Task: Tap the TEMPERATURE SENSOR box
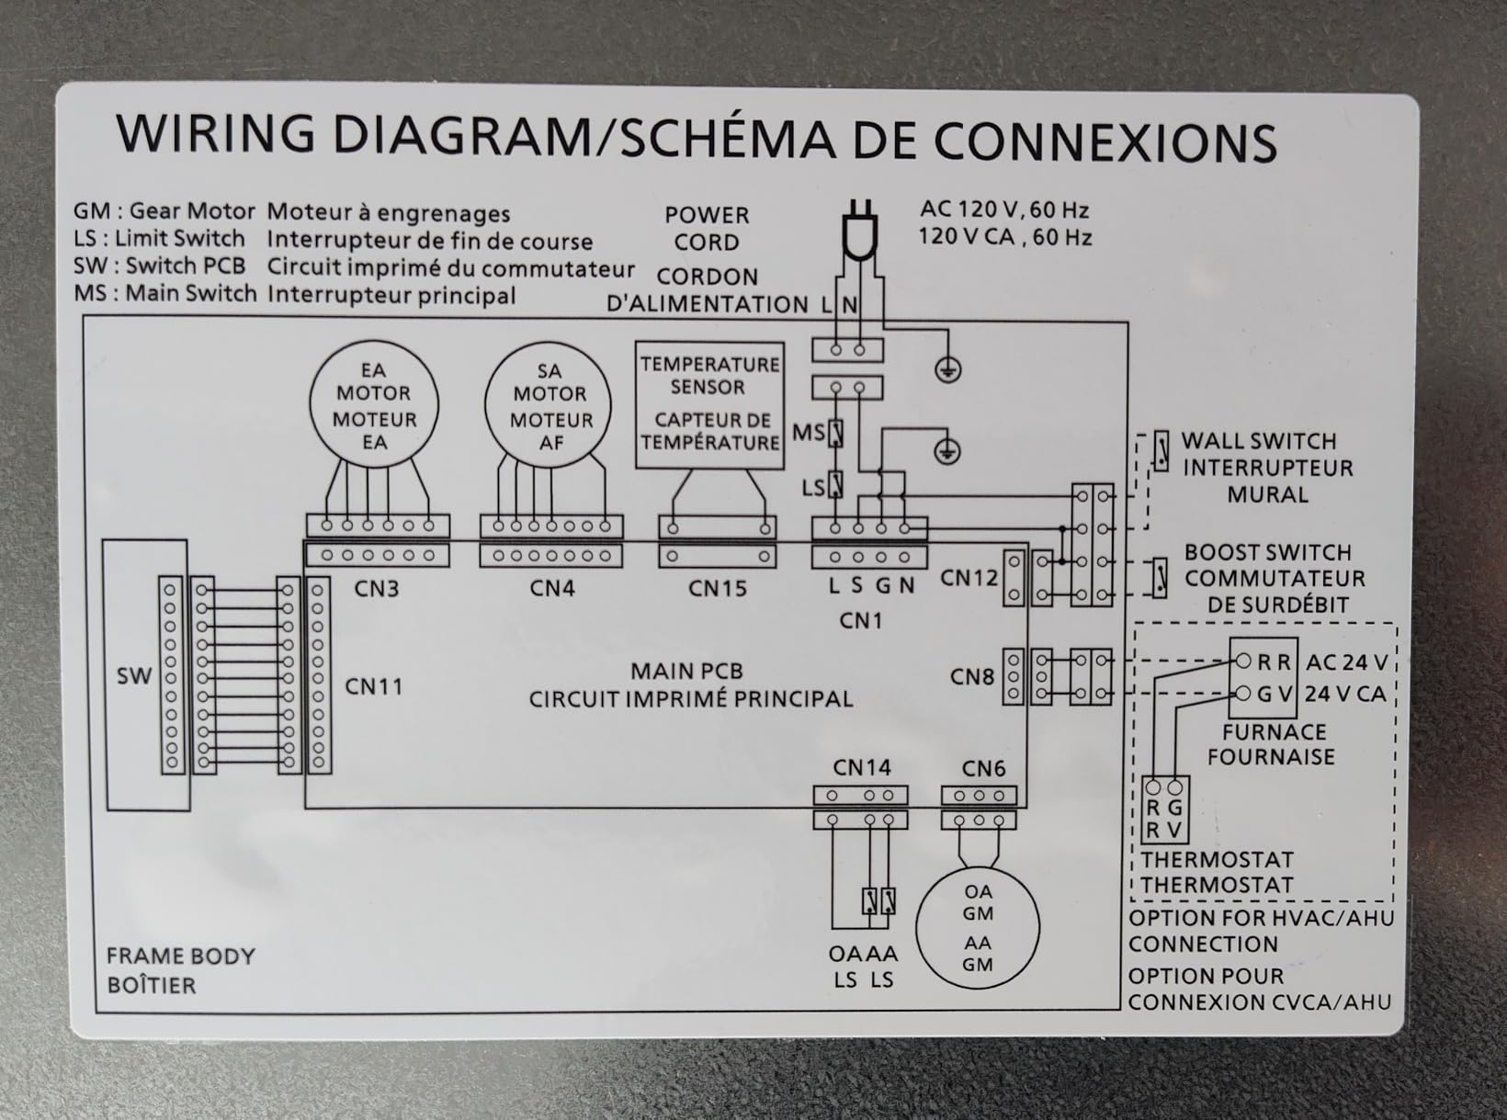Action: [x=709, y=345]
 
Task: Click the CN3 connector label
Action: [x=377, y=589]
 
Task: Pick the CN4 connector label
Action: [x=551, y=588]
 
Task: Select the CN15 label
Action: [x=718, y=588]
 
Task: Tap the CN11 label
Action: [x=374, y=686]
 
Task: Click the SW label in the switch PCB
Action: [x=134, y=675]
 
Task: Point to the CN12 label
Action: [x=969, y=578]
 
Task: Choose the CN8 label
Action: [x=971, y=676]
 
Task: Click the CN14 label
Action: [x=862, y=768]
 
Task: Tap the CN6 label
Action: [x=983, y=769]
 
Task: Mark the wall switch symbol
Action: [x=1161, y=450]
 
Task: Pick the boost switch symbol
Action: [x=1161, y=578]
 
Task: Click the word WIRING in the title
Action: [x=215, y=133]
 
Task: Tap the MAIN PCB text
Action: [x=687, y=672]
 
